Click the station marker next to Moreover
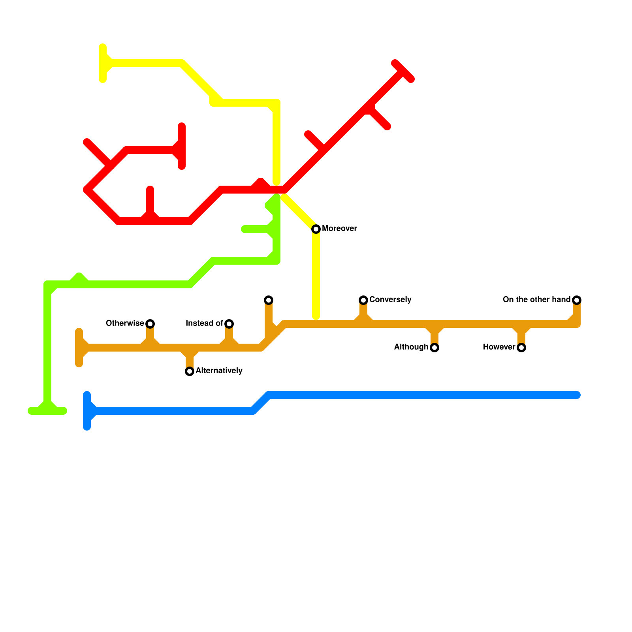[316, 229]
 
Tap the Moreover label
[339, 229]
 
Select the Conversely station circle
[363, 300]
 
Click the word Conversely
[390, 300]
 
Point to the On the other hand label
[536, 300]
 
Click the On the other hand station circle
[577, 300]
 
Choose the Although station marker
[434, 348]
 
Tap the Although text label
[411, 347]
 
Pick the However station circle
[521, 348]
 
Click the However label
[499, 347]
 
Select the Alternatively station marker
[190, 371]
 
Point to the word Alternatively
[219, 371]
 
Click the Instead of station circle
[229, 324]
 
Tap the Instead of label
[204, 324]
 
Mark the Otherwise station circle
[150, 324]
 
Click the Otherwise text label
[125, 324]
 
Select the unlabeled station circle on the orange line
[269, 300]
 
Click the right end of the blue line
[577, 395]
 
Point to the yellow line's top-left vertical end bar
[103, 63]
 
